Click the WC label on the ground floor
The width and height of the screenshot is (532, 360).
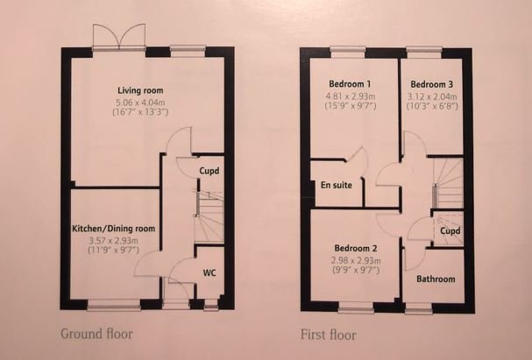pos(209,272)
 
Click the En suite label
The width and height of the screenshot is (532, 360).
pos(337,186)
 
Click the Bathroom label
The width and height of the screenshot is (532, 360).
pos(436,279)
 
